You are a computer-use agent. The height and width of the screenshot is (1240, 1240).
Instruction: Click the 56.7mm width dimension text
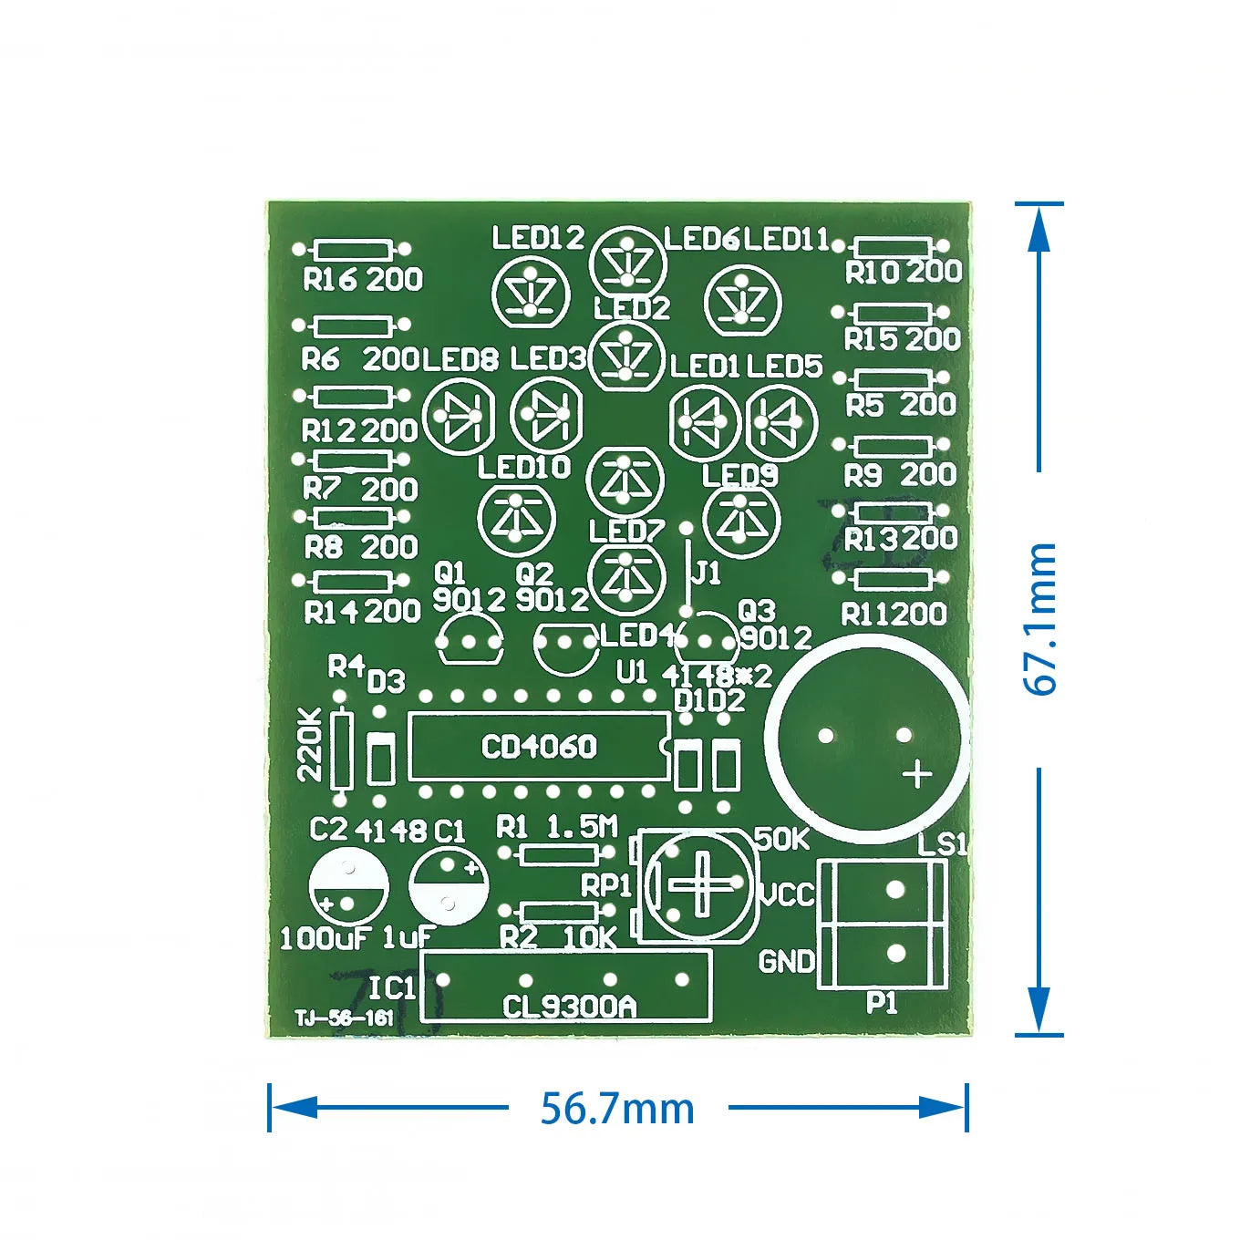617,1109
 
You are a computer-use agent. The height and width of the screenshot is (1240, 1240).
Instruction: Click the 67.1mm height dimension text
1040,619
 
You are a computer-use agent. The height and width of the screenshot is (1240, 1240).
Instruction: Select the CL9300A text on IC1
569,1006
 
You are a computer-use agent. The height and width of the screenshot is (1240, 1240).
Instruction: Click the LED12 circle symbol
531,294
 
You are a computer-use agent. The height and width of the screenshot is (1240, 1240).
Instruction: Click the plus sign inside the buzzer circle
917,774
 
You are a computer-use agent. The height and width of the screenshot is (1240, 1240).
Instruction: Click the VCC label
787,894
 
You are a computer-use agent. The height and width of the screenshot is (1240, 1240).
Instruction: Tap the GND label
786,960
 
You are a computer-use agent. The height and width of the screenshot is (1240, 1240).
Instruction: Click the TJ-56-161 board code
344,1018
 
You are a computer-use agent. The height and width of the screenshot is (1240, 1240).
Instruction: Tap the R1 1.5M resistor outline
557,854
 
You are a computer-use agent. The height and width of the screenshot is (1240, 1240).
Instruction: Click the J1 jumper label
707,573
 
